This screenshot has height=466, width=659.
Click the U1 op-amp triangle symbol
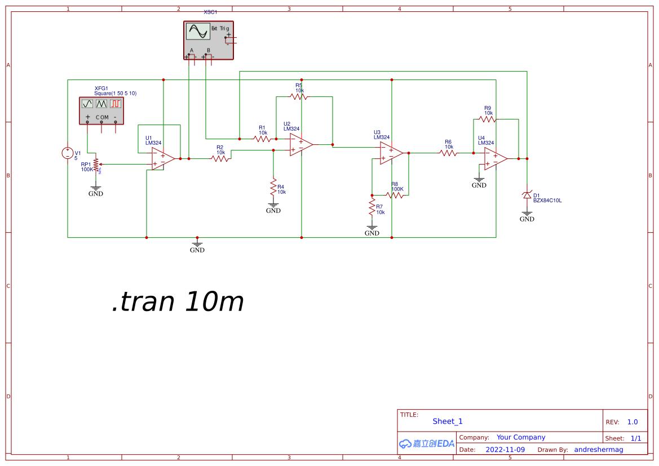(162, 159)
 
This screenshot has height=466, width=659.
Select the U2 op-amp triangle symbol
(300, 145)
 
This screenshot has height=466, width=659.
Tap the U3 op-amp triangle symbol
(391, 153)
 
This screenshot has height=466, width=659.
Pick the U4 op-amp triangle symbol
(495, 159)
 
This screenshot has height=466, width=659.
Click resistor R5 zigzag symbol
(299, 97)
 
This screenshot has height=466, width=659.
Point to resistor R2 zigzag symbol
(220, 159)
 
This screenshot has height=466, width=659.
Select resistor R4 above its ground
(273, 185)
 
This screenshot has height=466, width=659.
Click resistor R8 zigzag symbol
(396, 196)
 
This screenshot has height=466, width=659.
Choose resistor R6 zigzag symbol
(448, 153)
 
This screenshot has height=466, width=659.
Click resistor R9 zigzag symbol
(488, 119)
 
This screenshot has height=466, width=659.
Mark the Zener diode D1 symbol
(527, 195)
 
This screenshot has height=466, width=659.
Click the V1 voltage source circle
(68, 153)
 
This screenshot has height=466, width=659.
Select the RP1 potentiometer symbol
(96, 164)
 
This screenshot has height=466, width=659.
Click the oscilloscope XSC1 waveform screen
(198, 32)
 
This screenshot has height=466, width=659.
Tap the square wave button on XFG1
(116, 104)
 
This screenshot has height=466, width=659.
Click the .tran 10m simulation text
(178, 302)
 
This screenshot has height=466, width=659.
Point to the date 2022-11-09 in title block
(505, 450)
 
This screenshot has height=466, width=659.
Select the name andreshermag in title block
(599, 450)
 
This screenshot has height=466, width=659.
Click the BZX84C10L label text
(547, 200)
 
